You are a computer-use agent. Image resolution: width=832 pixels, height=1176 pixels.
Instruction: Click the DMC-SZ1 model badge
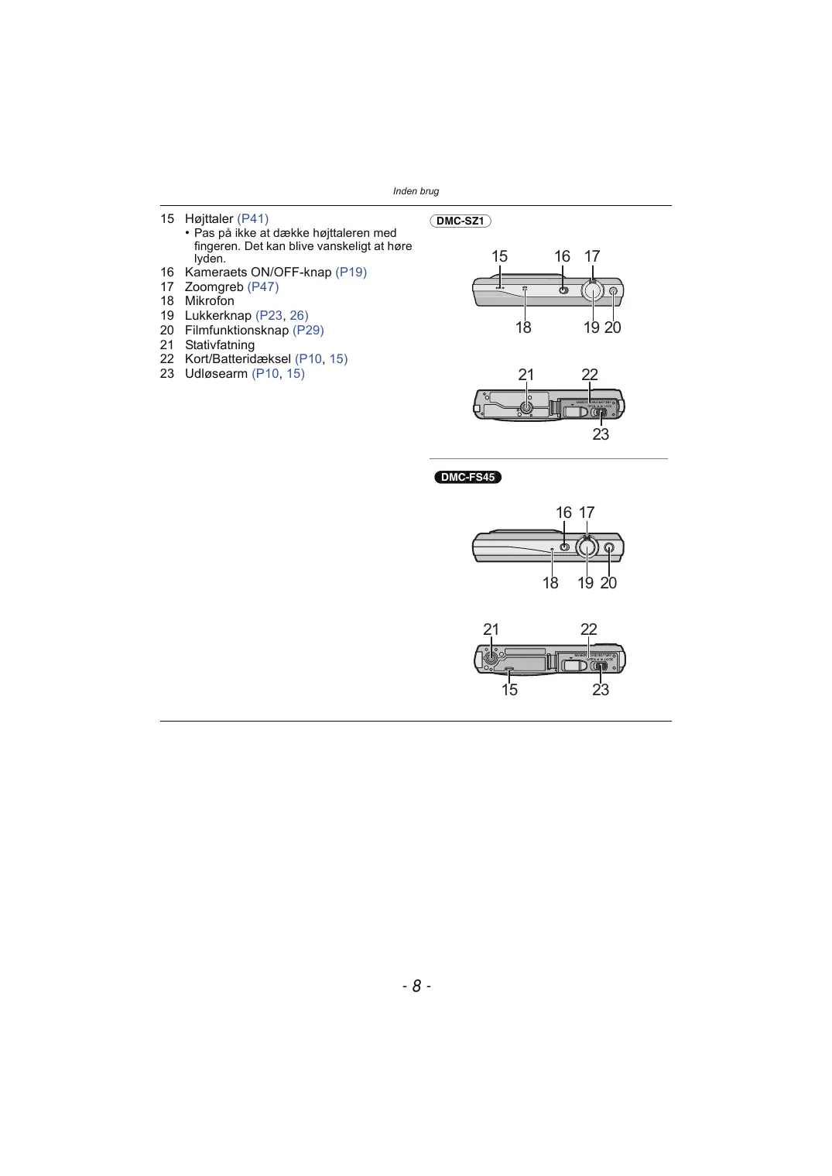pos(460,221)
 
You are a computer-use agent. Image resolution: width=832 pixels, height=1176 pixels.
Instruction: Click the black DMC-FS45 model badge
pos(467,477)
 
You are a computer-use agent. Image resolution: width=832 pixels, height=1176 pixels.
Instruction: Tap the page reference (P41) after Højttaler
pos(253,218)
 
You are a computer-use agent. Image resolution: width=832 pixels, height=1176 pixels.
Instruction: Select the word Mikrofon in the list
pos(209,300)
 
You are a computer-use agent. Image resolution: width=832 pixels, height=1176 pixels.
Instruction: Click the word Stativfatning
pos(219,345)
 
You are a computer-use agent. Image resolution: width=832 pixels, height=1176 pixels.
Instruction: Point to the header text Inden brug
pos(416,191)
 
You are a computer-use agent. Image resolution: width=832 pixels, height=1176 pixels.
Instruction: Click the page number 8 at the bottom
pos(416,986)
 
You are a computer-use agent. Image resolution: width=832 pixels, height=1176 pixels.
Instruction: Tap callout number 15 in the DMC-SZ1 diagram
pos(499,256)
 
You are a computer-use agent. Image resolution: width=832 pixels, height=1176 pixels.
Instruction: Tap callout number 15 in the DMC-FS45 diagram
pos(509,689)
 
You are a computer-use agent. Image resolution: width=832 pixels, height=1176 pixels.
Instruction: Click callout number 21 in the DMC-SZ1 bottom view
pos(526,375)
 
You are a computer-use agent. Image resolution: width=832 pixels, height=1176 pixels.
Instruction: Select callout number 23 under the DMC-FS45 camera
pos(601,689)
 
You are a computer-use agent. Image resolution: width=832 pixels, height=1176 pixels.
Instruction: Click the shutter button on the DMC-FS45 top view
pos(587,547)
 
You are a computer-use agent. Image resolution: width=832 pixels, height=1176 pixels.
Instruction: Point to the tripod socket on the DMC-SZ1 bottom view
pos(526,406)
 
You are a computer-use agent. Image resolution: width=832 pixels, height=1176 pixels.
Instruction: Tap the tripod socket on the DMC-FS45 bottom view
pos(491,659)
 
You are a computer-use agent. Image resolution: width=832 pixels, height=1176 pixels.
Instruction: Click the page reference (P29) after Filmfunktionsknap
pos(308,330)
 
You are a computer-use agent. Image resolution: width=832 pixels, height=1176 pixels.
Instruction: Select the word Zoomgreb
pos(214,286)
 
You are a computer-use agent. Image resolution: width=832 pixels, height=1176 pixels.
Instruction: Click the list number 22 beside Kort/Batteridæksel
pos(167,358)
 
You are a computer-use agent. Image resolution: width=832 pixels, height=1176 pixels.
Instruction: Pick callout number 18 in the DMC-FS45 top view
pos(550,583)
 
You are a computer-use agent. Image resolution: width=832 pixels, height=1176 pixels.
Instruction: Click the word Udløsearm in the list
pos(216,373)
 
